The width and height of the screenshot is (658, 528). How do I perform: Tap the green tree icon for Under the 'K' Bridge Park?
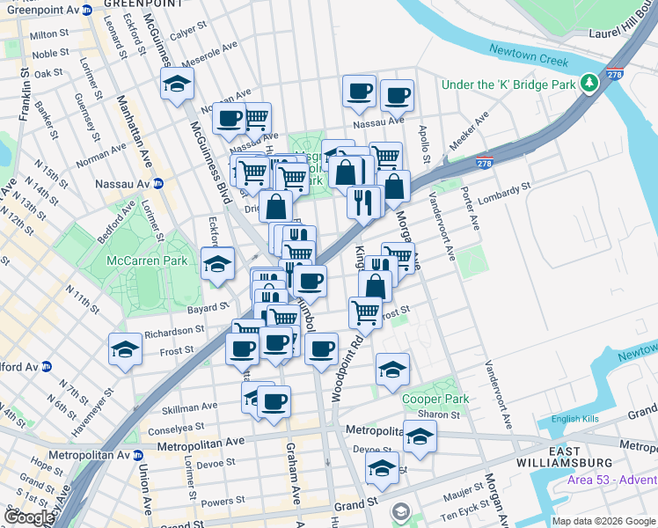click(x=589, y=84)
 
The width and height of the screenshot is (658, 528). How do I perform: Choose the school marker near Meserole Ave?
click(x=177, y=84)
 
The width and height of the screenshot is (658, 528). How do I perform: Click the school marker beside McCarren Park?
click(x=216, y=263)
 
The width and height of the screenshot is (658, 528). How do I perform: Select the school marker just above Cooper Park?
click(x=392, y=369)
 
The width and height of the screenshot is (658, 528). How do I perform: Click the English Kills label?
click(x=575, y=419)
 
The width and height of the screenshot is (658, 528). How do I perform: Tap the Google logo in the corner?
click(x=29, y=517)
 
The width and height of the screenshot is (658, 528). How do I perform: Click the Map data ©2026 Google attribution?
click(x=603, y=521)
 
